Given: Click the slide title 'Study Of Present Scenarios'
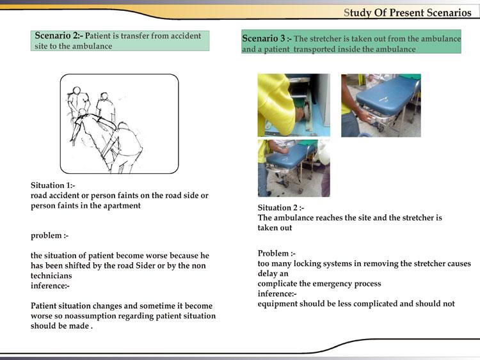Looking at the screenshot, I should pyautogui.click(x=407, y=13).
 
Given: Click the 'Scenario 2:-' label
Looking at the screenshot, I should pyautogui.click(x=59, y=36).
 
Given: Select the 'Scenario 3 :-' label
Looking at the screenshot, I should pyautogui.click(x=266, y=38).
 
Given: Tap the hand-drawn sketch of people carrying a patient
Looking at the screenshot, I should pyautogui.click(x=119, y=124).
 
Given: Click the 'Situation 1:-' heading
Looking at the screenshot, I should pyautogui.click(x=52, y=185).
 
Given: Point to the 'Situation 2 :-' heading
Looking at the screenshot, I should pyautogui.click(x=281, y=208).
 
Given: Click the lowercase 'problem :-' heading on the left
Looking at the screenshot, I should pyautogui.click(x=50, y=235).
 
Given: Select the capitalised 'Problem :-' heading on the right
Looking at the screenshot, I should pyautogui.click(x=276, y=253).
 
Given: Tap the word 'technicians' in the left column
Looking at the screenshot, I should pyautogui.click(x=51, y=276).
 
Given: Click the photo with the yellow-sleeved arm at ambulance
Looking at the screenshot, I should pyautogui.click(x=294, y=105).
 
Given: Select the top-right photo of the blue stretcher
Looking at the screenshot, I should pyautogui.click(x=381, y=105).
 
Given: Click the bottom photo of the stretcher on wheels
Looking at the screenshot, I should pyautogui.click(x=294, y=168).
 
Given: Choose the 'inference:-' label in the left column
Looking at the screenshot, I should pyautogui.click(x=51, y=286).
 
